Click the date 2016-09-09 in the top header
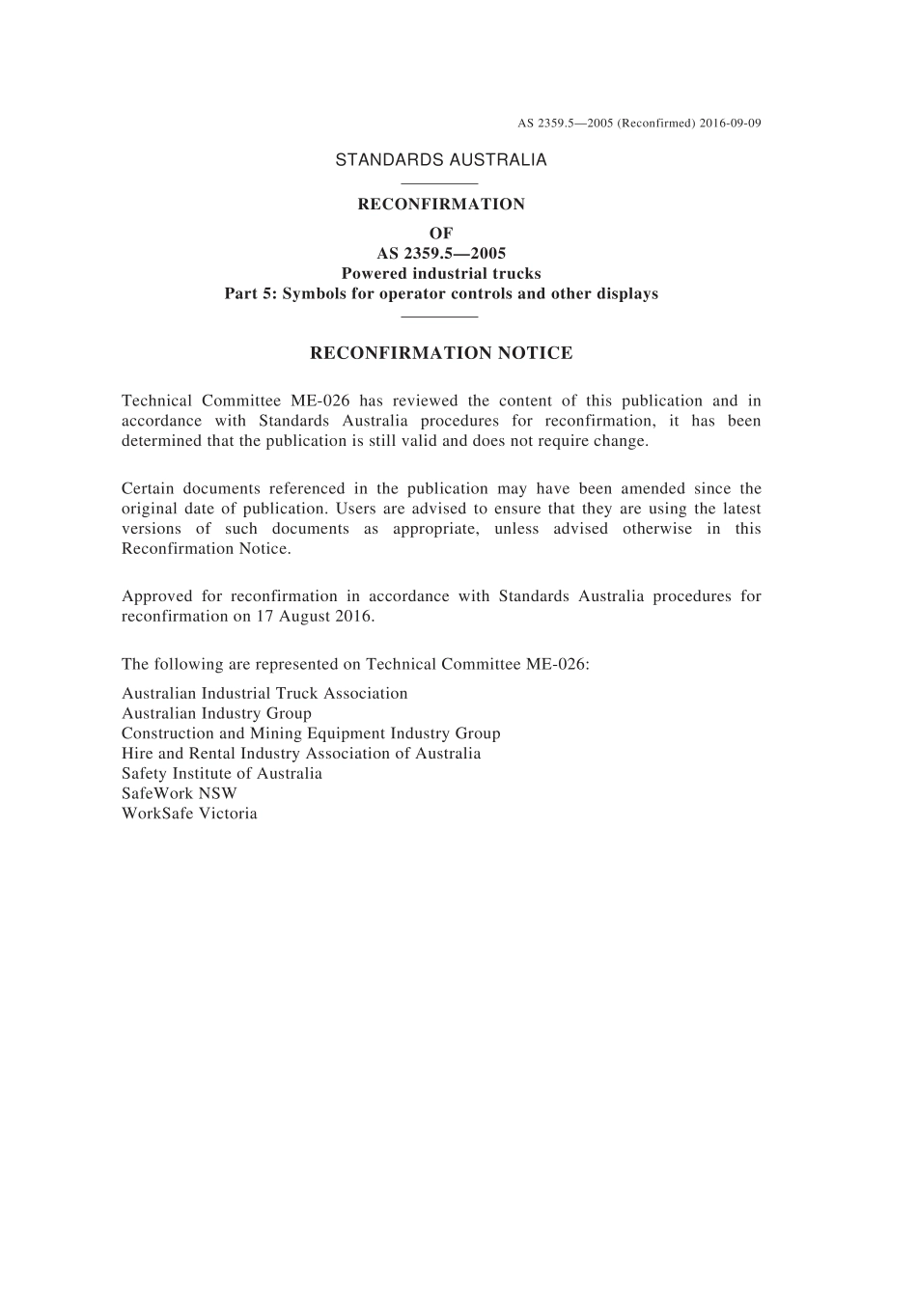(731, 124)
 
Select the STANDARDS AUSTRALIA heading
(441, 160)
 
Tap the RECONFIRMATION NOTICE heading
(441, 353)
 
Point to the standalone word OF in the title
(441, 234)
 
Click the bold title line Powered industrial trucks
(441, 274)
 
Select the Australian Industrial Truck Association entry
(264, 694)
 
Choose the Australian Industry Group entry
(216, 714)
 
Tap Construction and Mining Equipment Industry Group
(311, 733)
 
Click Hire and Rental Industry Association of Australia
(301, 754)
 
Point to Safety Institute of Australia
(222, 774)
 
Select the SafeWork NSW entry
(180, 793)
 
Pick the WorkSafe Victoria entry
(189, 814)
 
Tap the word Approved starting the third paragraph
(154, 596)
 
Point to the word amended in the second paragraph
(653, 489)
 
